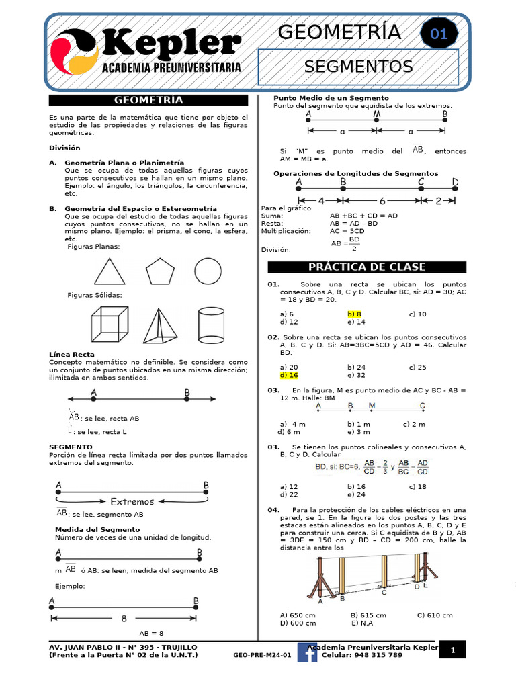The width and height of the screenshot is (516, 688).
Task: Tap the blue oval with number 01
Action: click(439, 34)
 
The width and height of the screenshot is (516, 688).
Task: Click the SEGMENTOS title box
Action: click(358, 67)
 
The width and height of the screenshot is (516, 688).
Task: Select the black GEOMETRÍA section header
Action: click(148, 100)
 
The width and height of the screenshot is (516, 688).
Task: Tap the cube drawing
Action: click(108, 324)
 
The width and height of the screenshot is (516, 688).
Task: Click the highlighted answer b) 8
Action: click(355, 314)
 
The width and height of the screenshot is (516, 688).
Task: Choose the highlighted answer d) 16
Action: click(288, 376)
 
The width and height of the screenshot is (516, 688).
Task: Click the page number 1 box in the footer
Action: click(453, 650)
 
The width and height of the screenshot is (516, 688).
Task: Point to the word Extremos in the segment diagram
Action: click(132, 501)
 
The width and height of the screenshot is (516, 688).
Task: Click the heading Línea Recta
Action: click(72, 354)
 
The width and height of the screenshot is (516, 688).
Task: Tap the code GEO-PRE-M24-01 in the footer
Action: click(262, 655)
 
